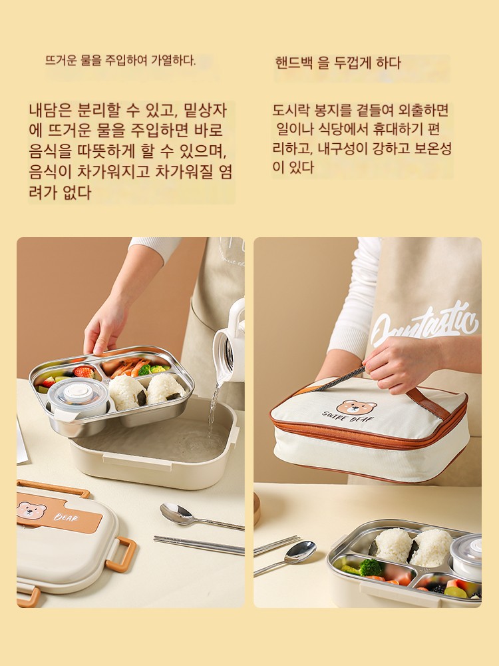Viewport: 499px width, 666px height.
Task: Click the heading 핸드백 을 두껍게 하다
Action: click(x=338, y=63)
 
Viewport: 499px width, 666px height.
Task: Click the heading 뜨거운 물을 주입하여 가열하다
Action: click(x=120, y=61)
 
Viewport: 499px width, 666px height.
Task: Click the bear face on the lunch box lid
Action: click(x=31, y=509)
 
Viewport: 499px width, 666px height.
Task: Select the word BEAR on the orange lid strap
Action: click(x=66, y=517)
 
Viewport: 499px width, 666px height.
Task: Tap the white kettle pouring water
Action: click(x=230, y=340)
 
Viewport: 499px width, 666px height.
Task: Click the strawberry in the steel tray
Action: click(x=84, y=372)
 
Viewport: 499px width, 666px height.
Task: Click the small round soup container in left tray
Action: click(x=78, y=398)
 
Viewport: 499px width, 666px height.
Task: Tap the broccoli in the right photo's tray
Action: click(x=370, y=567)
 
